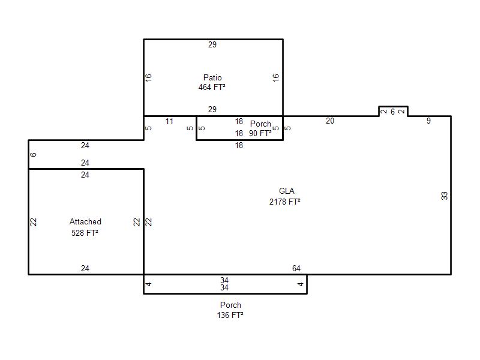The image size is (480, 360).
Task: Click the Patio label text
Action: coord(212,77)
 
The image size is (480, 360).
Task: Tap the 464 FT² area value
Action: coord(212,87)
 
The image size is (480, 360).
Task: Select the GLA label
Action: coord(287,191)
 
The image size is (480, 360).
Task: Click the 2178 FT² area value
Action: coord(284,202)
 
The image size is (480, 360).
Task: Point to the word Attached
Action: coord(85,221)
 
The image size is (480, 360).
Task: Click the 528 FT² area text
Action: coord(85,233)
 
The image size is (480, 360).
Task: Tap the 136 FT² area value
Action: coord(230,315)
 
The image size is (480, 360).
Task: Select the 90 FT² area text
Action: coord(260,133)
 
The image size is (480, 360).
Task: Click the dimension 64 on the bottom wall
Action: coord(296,268)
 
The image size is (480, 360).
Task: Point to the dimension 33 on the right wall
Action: coord(444,196)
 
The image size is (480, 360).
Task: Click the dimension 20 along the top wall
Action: coord(330,121)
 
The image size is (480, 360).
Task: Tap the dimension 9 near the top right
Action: coord(428,121)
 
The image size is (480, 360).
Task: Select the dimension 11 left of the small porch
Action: coord(169,122)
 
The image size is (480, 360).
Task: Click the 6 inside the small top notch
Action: coord(392,112)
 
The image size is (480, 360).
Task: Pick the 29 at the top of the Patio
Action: coord(212,44)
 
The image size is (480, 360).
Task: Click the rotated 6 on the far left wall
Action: coord(34,155)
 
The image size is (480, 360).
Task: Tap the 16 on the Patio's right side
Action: coord(275,77)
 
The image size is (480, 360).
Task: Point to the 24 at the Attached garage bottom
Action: coord(85,268)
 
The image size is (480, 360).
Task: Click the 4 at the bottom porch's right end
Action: coord(301,284)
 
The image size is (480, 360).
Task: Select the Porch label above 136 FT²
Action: coord(230,305)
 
